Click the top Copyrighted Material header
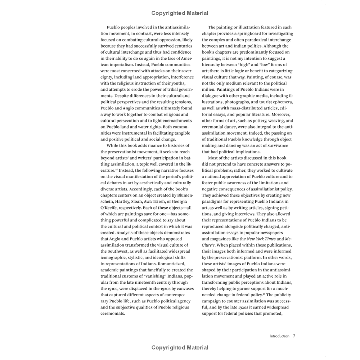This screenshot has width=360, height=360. [180, 13]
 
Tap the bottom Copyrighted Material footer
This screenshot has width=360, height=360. [180, 347]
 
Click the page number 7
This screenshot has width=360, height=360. [294, 336]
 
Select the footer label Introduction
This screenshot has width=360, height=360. [279, 336]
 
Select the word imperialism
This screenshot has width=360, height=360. [117, 71]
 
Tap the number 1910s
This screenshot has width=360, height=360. [107, 288]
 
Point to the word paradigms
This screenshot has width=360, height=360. [213, 202]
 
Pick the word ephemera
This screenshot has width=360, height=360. [283, 102]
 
